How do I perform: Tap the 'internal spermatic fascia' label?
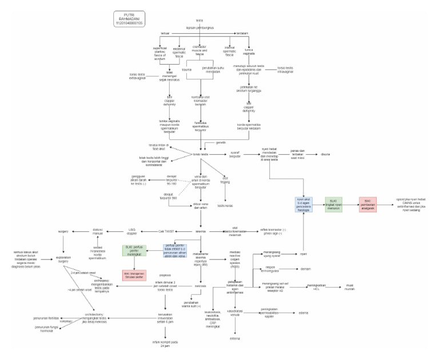click(x=230, y=52)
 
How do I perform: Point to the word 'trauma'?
click(x=186, y=69)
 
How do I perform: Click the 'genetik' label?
click(x=220, y=142)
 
